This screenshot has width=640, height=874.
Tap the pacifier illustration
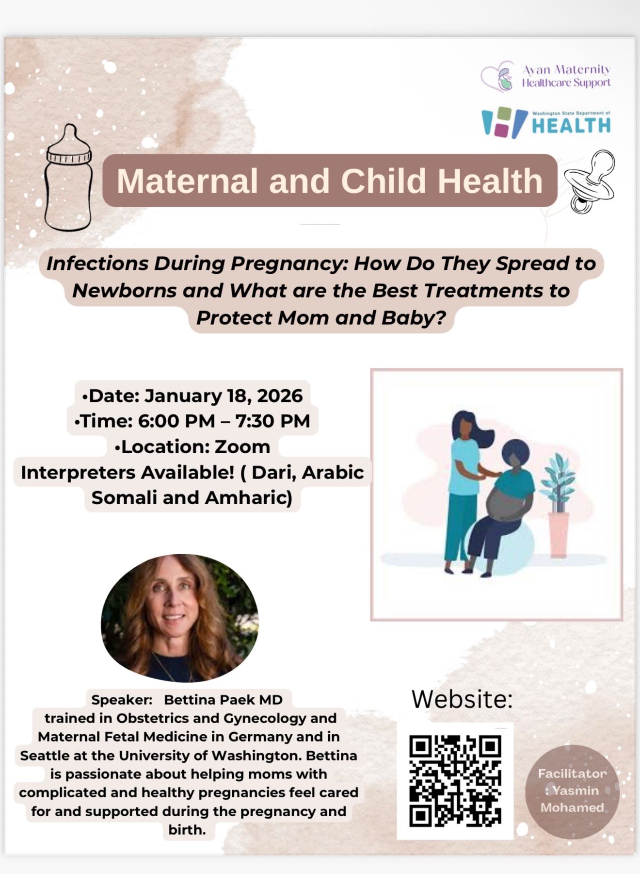point(590,181)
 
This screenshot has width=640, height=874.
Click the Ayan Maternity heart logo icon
point(498,76)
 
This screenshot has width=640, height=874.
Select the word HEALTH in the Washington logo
point(571,125)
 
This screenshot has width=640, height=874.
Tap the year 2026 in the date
point(280,396)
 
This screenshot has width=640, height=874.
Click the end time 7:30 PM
point(272,421)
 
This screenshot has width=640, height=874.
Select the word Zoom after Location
point(242,446)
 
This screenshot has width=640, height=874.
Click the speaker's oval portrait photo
point(179,618)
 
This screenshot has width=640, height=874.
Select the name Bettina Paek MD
point(223,699)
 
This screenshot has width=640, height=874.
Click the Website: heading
point(462,699)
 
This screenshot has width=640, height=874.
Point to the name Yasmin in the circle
point(576,791)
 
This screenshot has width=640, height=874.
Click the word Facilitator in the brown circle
point(572,774)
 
